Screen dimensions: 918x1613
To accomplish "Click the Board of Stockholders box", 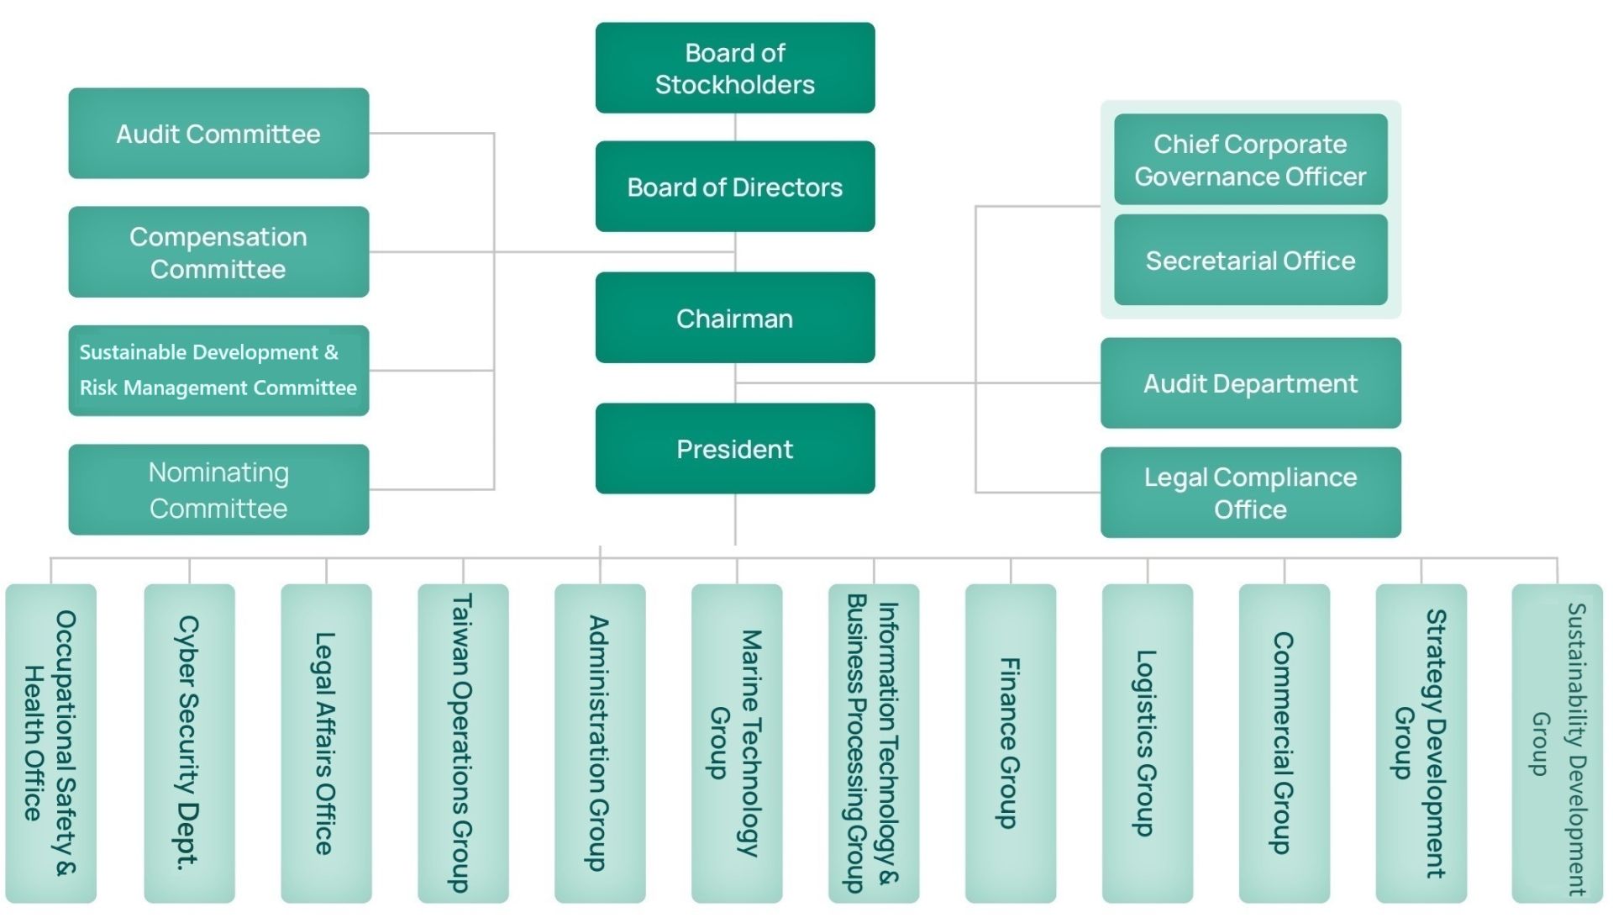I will click(735, 68).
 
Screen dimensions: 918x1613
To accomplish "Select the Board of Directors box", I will click(735, 187).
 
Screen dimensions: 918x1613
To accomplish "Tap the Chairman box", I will click(735, 318).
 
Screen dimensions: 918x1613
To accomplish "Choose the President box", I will click(735, 449).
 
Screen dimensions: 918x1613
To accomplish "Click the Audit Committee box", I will click(218, 134).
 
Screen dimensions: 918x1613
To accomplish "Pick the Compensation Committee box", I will click(218, 252).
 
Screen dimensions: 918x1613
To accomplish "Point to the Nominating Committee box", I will click(218, 490).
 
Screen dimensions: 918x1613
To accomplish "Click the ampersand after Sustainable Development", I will click(331, 352).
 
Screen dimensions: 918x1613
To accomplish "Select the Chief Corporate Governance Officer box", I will click(1250, 160).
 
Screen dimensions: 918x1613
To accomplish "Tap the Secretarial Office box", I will click(1250, 261).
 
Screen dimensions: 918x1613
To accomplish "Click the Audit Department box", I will click(1250, 383).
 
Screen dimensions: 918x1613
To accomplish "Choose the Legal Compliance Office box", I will click(1250, 493).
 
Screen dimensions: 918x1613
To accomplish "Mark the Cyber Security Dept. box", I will click(189, 743).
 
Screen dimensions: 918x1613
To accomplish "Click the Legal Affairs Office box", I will click(326, 743).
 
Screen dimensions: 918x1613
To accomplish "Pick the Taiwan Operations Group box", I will click(463, 743).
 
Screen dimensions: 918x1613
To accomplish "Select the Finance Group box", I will click(1010, 743).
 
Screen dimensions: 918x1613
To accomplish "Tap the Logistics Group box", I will click(1147, 743).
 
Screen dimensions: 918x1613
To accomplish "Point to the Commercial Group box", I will click(1284, 743).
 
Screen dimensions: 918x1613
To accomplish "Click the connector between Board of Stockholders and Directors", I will click(735, 127).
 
